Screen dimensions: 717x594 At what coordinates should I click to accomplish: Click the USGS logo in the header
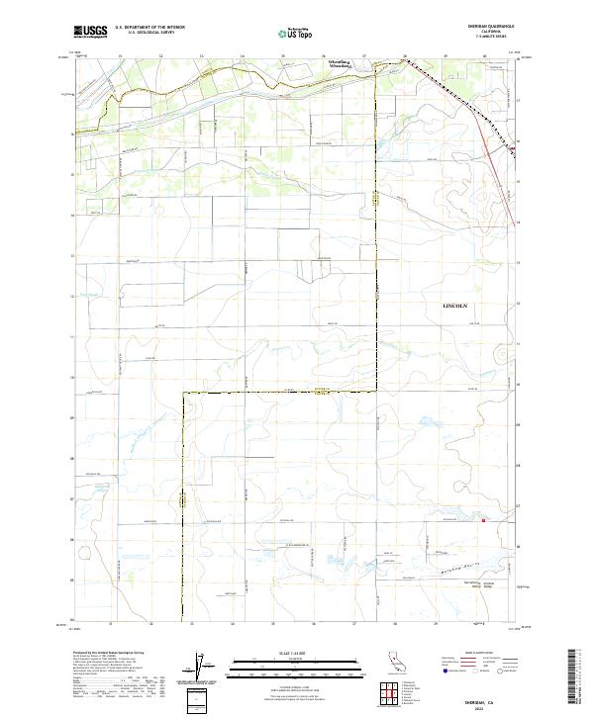click(91, 32)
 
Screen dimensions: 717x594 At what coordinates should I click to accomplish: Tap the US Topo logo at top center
click(295, 32)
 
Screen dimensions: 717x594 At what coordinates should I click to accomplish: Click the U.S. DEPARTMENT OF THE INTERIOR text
click(149, 28)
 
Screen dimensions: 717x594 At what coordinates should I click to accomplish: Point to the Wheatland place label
click(341, 63)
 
